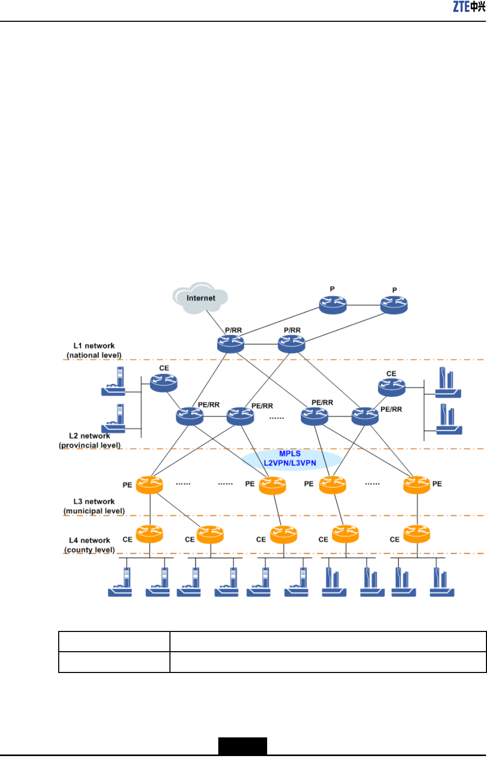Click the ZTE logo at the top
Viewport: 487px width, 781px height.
[469, 7]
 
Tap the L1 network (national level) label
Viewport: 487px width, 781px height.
[94, 351]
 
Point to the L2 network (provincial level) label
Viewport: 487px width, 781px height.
[89, 441]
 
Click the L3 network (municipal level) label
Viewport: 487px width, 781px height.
[94, 506]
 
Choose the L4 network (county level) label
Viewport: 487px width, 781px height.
[89, 545]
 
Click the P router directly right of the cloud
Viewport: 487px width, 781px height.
[333, 305]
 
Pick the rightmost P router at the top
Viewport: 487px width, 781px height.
[394, 305]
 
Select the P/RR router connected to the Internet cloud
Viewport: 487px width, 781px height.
[231, 344]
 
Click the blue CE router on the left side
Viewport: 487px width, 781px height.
[164, 383]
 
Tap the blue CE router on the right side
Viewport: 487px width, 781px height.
[391, 387]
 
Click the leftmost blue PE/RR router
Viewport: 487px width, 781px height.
[190, 416]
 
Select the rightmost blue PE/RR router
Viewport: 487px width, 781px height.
[365, 416]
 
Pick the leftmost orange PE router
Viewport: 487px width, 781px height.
[149, 484]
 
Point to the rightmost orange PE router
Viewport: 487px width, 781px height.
[416, 484]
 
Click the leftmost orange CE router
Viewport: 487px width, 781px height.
[149, 534]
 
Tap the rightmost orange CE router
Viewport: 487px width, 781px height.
[416, 534]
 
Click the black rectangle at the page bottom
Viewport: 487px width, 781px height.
[243, 746]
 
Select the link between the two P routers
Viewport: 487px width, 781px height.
[363, 305]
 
